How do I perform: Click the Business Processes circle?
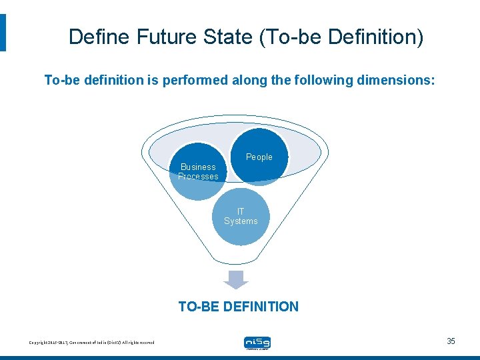(x=199, y=172)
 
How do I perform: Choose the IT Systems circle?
(x=241, y=217)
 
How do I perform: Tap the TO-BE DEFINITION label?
(x=238, y=307)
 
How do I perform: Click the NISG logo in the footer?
(x=257, y=343)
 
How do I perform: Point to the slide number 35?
(x=451, y=341)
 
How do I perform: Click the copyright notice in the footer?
(x=91, y=343)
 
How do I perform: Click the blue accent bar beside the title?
(x=3, y=33)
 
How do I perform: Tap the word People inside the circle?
(x=259, y=157)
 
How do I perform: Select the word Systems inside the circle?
(x=241, y=221)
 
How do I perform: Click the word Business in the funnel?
(x=198, y=167)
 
